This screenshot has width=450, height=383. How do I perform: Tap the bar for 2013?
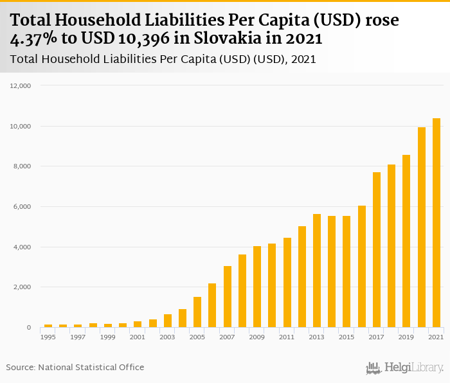point(317,271)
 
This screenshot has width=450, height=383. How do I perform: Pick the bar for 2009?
point(257,287)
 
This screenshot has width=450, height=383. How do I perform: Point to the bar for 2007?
point(227,297)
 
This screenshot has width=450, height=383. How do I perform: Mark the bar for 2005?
point(197,312)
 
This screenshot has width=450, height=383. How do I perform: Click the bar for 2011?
point(287,283)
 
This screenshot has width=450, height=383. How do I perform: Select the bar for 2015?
point(346,272)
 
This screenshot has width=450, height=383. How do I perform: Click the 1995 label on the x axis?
point(48,337)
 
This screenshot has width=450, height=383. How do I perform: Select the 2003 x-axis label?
point(167,337)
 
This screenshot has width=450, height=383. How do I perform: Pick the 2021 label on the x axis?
point(437,337)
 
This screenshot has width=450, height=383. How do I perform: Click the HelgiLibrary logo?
point(405,368)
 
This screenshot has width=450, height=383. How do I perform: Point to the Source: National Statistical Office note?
point(75,367)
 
